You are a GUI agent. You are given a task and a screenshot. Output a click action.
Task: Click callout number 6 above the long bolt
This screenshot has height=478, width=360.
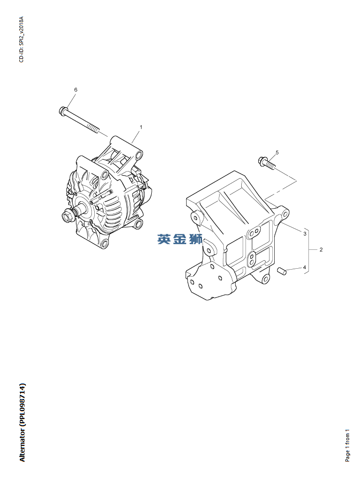click(x=75, y=90)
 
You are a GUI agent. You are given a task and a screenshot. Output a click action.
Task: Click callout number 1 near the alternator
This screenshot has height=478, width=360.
click(x=141, y=127)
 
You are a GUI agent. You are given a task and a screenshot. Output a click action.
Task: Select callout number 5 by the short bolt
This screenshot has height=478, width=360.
click(x=277, y=152)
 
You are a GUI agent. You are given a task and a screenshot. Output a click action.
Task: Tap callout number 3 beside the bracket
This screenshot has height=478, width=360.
click(x=305, y=234)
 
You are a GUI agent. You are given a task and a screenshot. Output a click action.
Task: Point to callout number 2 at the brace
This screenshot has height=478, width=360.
click(x=321, y=250)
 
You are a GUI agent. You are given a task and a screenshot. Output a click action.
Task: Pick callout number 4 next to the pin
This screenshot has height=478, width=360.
click(x=304, y=267)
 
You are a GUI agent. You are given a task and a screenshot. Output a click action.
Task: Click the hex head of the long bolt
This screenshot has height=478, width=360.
click(x=62, y=110)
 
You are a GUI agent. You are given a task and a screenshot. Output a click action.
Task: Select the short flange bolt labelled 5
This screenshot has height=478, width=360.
click(x=267, y=162)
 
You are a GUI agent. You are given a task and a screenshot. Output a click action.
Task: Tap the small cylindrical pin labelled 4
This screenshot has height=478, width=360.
click(x=282, y=271)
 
